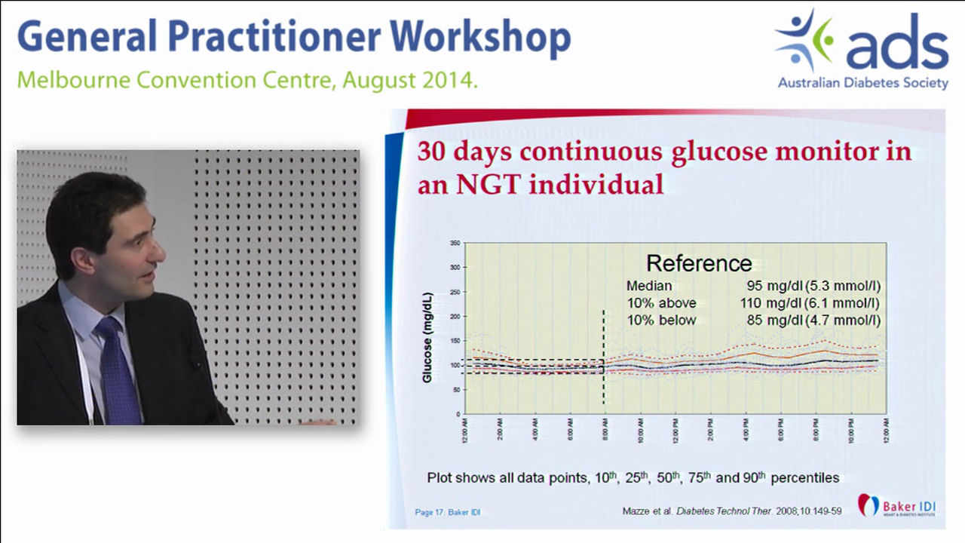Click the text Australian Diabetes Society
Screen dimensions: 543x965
(863, 83)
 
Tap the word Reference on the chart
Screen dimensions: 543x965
(699, 263)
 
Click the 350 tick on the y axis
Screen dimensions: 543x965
(455, 244)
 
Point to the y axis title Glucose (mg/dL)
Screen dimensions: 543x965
(427, 336)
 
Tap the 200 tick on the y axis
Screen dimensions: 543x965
(455, 317)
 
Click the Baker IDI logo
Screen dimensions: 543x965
(896, 505)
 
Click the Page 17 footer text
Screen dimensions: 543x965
(447, 512)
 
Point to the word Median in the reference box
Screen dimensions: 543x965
(649, 286)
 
